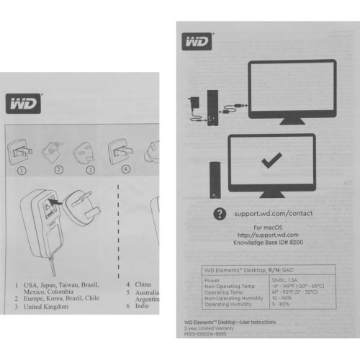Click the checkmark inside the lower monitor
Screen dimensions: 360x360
click(271, 162)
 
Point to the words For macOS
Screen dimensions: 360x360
click(266, 228)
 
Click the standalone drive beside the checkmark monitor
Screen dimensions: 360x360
click(213, 177)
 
